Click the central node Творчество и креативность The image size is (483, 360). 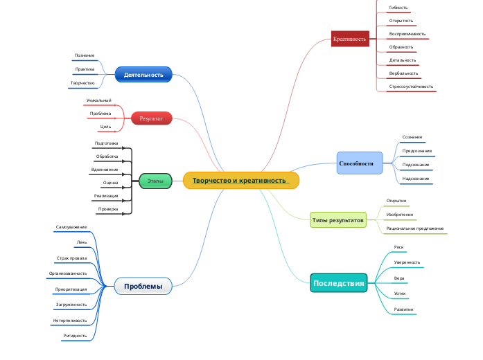[x=240, y=181]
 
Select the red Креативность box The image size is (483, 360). [x=349, y=39]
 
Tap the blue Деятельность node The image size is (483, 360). [x=143, y=75]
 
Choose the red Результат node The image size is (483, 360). [x=151, y=118]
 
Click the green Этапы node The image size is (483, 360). [x=155, y=181]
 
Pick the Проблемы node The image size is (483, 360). [x=143, y=286]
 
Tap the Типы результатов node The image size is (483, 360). [x=337, y=220]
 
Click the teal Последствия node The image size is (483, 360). [x=338, y=283]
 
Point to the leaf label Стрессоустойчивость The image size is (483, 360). [x=411, y=87]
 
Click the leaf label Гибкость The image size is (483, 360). [x=398, y=8]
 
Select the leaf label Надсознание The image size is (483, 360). [x=416, y=179]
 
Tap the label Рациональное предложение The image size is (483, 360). [x=414, y=228]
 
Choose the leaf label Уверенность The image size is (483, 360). [x=407, y=262]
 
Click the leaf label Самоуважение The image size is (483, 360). [x=71, y=227]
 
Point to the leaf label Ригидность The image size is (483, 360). [x=75, y=335]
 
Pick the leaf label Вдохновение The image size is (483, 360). [x=105, y=169]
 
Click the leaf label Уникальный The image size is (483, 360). [x=98, y=100]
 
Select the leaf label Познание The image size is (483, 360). [x=85, y=55]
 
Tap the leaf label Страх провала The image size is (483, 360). [x=71, y=258]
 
